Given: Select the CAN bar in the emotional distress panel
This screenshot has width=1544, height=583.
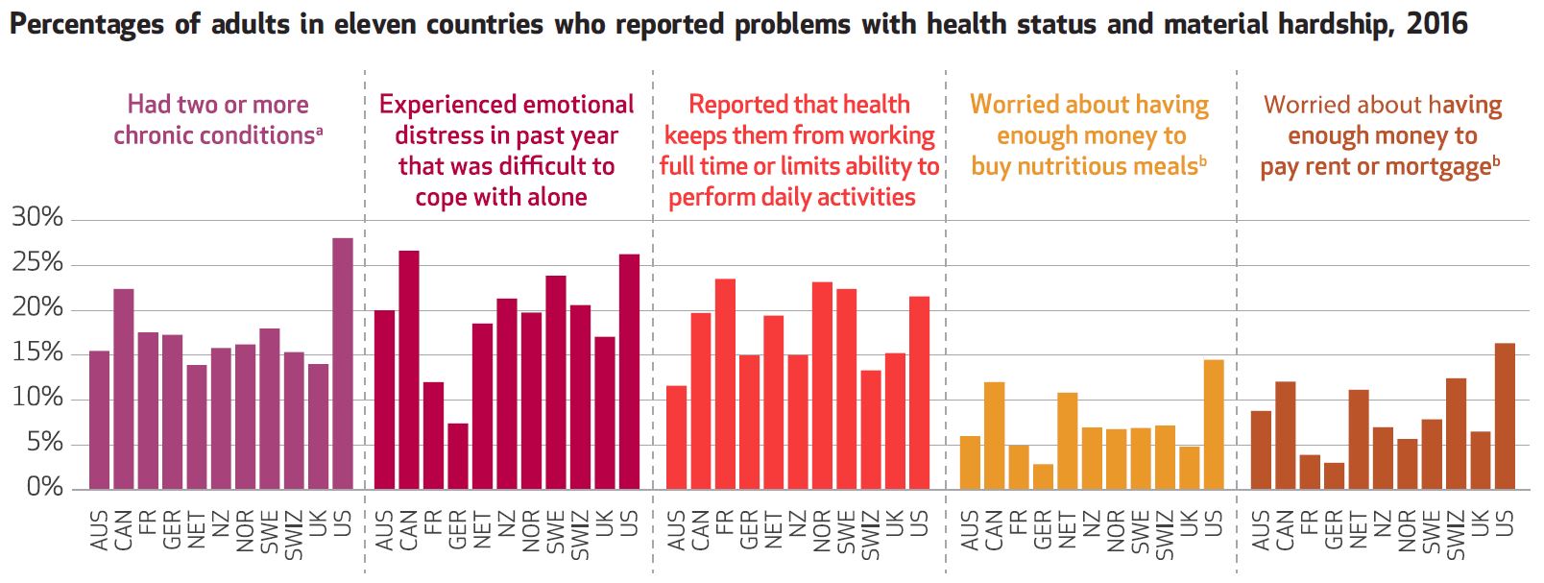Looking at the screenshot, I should tap(409, 370).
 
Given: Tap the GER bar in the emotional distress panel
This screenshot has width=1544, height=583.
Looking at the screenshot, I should tap(458, 456).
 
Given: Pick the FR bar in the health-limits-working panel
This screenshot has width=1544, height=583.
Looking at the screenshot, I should tap(725, 384).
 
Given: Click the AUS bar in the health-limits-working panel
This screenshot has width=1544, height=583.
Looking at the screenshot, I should tap(676, 437).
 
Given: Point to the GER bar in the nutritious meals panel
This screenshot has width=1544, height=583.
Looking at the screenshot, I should tap(1043, 476).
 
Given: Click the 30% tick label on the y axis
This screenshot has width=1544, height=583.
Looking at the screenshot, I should tap(37, 218).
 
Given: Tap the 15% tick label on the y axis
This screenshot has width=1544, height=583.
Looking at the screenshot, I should tap(37, 353).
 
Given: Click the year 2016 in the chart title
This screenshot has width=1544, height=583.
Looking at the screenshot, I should tap(1436, 23).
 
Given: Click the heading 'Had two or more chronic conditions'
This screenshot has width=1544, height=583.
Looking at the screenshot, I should tap(218, 119).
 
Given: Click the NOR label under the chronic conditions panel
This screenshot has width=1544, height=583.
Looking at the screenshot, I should tap(245, 531).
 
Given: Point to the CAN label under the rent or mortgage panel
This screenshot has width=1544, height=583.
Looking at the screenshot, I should tap(1285, 530).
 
